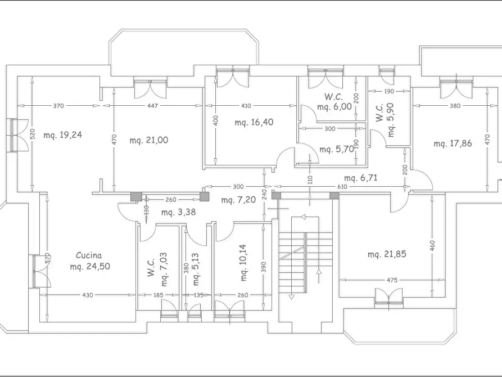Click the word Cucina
click(x=89, y=255)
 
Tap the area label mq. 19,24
click(x=63, y=134)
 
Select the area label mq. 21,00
click(x=149, y=140)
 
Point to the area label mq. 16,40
click(x=254, y=122)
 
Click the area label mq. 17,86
click(x=453, y=143)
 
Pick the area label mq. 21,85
click(x=387, y=254)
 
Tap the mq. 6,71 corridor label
click(x=361, y=178)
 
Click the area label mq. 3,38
click(x=178, y=212)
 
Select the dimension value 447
click(x=152, y=105)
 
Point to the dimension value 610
click(x=342, y=187)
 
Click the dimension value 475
click(x=392, y=280)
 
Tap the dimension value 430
click(x=87, y=295)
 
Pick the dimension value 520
click(x=33, y=134)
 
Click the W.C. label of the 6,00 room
click(x=333, y=96)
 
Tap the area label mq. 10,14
click(x=243, y=263)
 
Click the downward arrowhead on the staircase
click(x=291, y=297)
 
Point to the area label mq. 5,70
click(x=337, y=149)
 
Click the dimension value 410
click(x=246, y=105)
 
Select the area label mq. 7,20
click(x=238, y=200)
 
